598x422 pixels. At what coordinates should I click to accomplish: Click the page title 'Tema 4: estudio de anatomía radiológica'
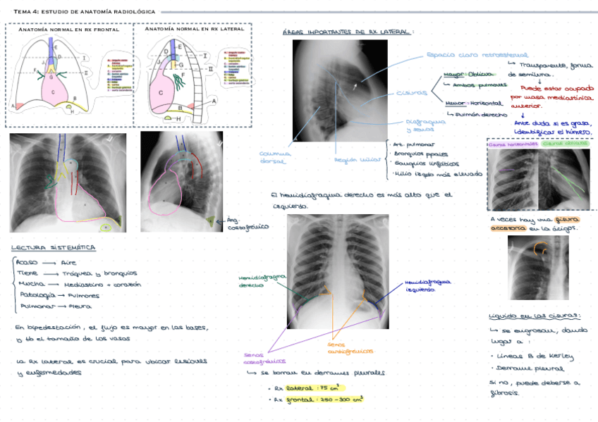85,11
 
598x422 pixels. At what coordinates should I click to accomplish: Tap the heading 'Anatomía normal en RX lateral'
194,30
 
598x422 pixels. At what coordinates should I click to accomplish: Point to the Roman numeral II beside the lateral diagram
209,68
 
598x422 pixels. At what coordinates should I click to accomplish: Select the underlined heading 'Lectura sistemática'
54,248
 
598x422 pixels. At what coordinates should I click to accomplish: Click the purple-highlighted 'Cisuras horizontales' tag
513,144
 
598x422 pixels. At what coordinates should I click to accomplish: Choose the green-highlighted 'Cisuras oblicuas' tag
566,144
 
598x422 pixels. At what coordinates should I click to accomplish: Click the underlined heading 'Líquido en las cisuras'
534,316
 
